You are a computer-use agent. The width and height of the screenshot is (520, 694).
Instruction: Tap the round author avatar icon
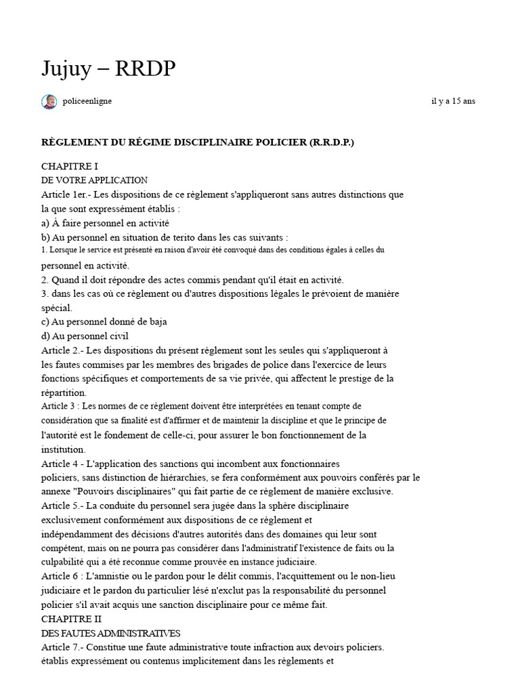pyautogui.click(x=49, y=102)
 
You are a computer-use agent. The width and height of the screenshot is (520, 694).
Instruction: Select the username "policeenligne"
pyautogui.click(x=87, y=101)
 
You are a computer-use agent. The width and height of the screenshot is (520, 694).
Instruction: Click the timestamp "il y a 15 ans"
pyautogui.click(x=453, y=101)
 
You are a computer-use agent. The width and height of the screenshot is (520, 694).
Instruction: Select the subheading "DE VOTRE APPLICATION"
pyautogui.click(x=94, y=180)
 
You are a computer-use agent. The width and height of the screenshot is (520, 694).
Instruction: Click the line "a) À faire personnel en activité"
pyautogui.click(x=105, y=222)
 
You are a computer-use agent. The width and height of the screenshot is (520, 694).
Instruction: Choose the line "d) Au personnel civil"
pyautogui.click(x=85, y=335)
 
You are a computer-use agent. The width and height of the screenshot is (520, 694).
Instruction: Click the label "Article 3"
pyautogui.click(x=59, y=406)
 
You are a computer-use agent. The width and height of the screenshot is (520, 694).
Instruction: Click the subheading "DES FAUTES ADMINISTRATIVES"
pyautogui.click(x=110, y=633)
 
